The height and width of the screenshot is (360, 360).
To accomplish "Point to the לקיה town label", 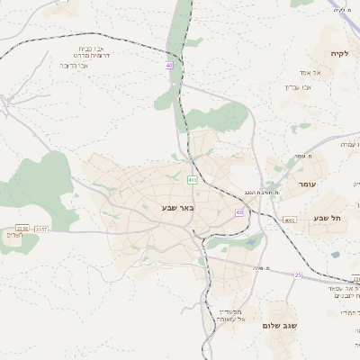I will pos(339,53).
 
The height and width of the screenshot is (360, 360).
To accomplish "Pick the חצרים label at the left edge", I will pos(11,235).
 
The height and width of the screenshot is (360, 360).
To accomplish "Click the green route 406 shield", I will pos(192,180).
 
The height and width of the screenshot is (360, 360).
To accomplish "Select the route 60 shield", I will pos(239,212).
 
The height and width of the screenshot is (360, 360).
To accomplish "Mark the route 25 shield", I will pos(297,274).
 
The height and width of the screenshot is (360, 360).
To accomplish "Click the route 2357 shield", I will pos(40,229).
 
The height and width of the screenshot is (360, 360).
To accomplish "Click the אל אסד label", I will pos(300,72).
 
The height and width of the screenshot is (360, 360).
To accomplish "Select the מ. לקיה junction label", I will pos(342,10).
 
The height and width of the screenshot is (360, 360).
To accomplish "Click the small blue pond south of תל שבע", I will pos(336,255).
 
